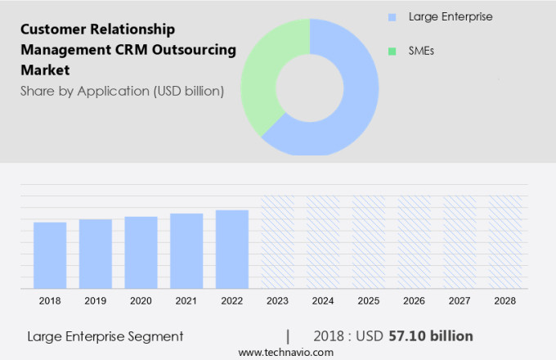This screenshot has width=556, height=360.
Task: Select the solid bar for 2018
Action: coord(50,254)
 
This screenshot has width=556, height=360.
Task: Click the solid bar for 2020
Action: coord(141,252)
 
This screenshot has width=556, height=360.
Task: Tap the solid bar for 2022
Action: coord(232,249)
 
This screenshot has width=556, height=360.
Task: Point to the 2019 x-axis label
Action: coord(96,300)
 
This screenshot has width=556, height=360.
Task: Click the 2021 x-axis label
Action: coord(186,300)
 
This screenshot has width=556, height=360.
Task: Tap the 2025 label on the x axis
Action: coord(369,300)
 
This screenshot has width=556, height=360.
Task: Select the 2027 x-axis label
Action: coord(460,300)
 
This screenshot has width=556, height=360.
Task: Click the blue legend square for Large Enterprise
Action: coord(392,16)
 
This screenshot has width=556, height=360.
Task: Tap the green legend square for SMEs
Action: coord(392,51)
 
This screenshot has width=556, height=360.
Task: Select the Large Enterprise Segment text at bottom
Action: coord(105,335)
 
